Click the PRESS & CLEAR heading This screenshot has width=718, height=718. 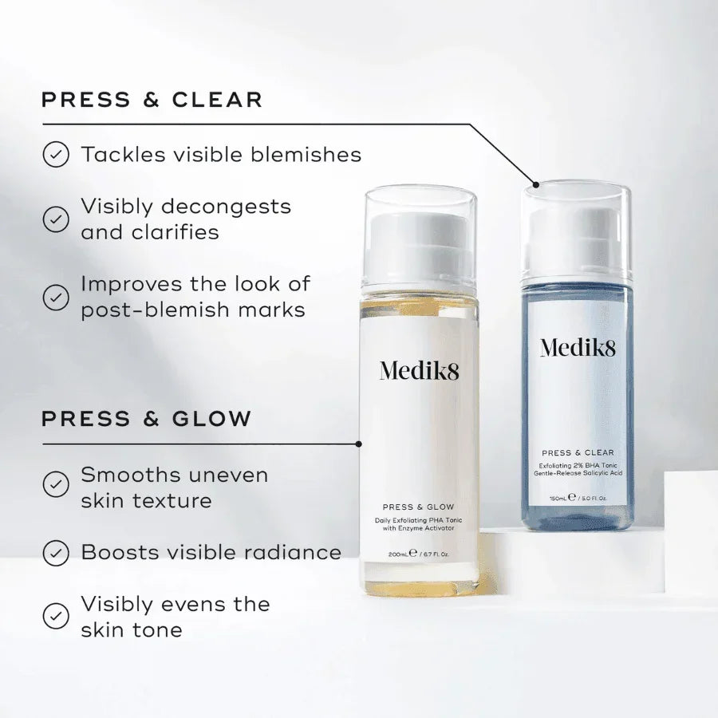point(152,100)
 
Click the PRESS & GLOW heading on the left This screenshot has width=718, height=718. point(147,419)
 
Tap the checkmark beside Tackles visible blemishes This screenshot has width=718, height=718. point(56,154)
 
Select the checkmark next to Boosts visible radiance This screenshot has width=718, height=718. point(56,553)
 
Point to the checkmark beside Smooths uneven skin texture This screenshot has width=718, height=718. point(56,484)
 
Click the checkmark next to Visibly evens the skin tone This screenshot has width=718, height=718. point(56,616)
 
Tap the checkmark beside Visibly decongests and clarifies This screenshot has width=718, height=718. point(56,219)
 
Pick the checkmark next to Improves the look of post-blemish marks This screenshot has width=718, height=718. point(56,298)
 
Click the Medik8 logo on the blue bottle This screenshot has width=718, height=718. point(578,348)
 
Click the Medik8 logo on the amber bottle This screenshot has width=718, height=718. point(419,370)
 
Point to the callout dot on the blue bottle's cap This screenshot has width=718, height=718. point(536,184)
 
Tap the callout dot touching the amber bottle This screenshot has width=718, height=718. point(358,444)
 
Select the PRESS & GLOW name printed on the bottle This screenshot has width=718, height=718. point(419,507)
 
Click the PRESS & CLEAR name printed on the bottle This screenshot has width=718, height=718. point(578,453)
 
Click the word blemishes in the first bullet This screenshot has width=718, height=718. point(306,154)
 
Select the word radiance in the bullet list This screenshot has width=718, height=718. point(292,552)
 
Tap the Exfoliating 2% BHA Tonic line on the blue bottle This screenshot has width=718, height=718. point(578,465)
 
